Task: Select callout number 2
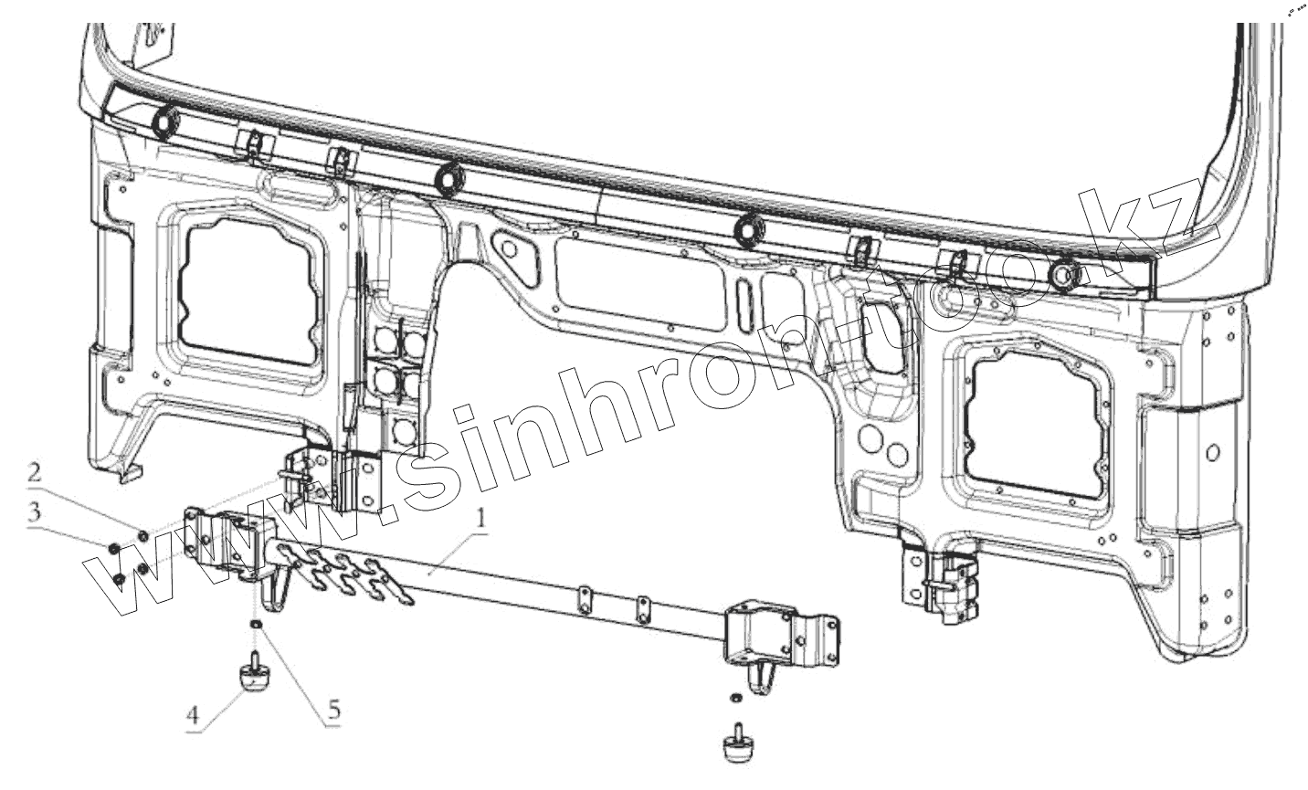[34, 473]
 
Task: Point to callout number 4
[193, 717]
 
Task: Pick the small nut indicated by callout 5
[257, 624]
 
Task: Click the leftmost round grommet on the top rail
[166, 120]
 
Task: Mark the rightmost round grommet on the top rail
[1063, 274]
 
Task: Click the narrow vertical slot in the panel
[742, 297]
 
